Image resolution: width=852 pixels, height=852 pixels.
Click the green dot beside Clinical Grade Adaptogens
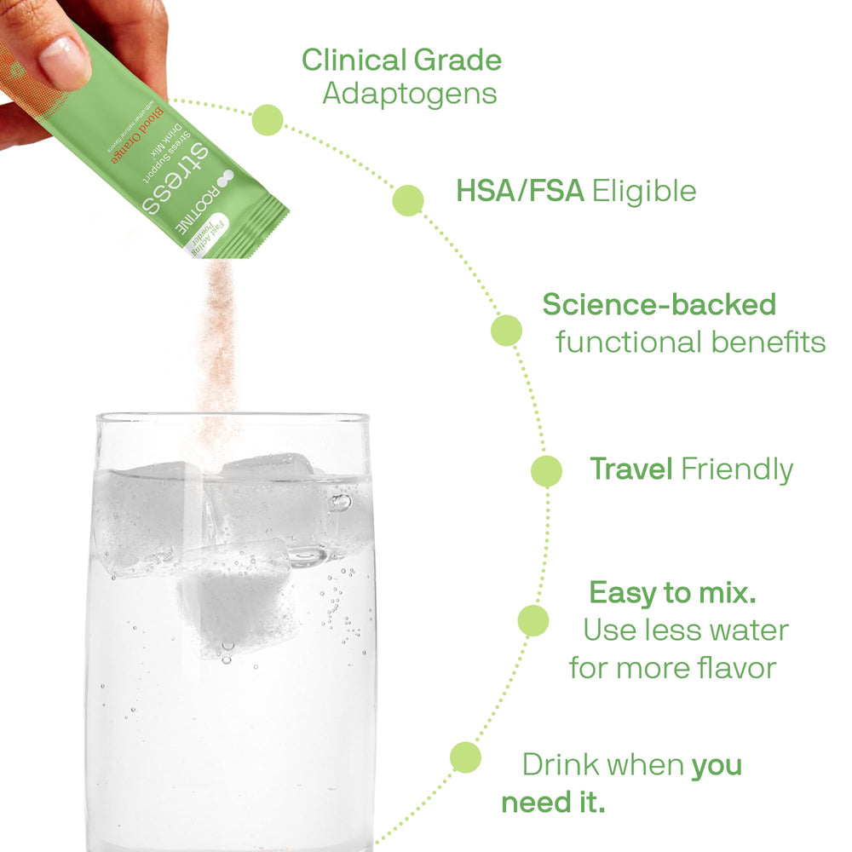click(x=268, y=120)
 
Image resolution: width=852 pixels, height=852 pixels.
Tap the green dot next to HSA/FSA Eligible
click(x=408, y=199)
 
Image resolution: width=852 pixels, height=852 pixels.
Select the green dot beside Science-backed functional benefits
click(x=506, y=331)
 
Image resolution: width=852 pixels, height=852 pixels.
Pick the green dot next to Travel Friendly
click(x=546, y=471)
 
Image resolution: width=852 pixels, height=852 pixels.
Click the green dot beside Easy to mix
click(x=533, y=620)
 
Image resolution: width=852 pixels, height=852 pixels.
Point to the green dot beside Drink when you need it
click(x=465, y=757)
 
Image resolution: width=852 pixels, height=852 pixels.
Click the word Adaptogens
click(x=409, y=94)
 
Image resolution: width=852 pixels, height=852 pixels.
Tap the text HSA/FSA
click(x=520, y=192)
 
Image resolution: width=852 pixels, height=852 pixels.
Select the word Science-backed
click(x=659, y=305)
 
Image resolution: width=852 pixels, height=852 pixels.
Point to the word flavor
click(x=734, y=667)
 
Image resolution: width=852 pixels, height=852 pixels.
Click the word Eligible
click(x=644, y=192)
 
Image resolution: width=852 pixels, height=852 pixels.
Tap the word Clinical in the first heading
click(x=354, y=60)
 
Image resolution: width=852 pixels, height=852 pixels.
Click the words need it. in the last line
click(x=553, y=803)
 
